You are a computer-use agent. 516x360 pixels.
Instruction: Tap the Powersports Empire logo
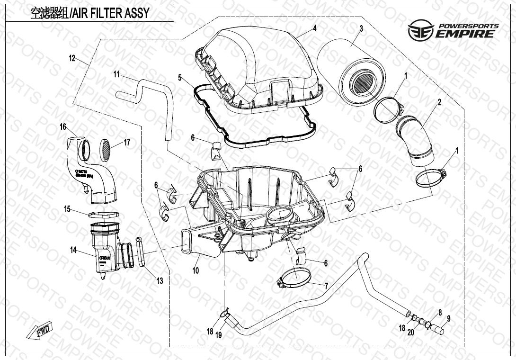coord(453,30)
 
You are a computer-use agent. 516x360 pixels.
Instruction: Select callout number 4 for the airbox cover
coord(314,28)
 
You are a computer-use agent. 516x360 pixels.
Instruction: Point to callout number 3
coord(361,29)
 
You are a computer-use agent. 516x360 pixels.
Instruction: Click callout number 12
coord(72,59)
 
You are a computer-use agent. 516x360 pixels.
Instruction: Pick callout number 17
coord(127,142)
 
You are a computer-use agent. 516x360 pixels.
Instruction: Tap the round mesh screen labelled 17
coord(108,149)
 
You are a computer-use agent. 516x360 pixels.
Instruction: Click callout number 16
coord(62,127)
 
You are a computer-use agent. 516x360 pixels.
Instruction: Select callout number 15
coord(67,208)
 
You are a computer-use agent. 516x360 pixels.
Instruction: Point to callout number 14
coord(73,250)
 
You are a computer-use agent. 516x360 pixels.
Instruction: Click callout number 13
coord(160,281)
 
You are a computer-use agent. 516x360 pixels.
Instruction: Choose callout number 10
coord(196,271)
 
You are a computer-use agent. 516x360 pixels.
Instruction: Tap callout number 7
coord(326,286)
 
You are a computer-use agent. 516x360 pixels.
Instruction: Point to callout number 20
coord(410,333)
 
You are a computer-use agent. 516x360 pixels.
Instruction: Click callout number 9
coord(448,318)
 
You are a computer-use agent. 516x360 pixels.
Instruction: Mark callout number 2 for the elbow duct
coord(439,101)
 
